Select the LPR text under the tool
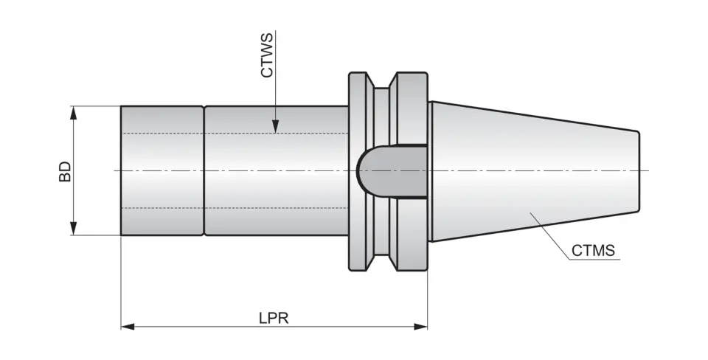point(273,318)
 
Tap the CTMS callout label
point(594,251)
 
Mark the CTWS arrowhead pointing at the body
point(274,127)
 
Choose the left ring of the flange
point(358,171)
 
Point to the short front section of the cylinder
point(162,171)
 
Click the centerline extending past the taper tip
point(645,171)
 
